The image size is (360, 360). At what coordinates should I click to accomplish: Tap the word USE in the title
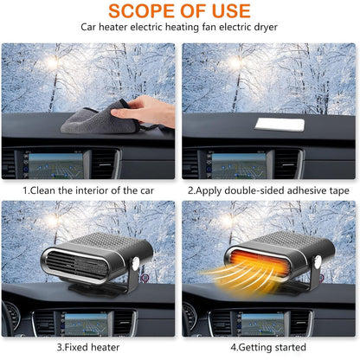[231, 10]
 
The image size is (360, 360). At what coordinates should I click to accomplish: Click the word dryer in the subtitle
[266, 27]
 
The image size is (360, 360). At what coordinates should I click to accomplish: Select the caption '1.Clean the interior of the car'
[88, 190]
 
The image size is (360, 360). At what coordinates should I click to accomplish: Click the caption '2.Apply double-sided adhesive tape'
[268, 190]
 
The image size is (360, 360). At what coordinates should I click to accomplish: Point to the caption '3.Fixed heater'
[88, 347]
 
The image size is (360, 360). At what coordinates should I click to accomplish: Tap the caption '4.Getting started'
[268, 347]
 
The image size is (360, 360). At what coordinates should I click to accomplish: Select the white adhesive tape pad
[280, 125]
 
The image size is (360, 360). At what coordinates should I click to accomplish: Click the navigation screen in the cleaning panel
[55, 165]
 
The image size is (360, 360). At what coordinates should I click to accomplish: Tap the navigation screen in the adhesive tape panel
[239, 165]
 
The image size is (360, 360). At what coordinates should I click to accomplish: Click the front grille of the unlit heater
[76, 265]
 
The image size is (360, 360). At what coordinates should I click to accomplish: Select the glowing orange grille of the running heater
[259, 261]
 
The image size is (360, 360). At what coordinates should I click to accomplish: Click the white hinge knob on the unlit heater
[135, 264]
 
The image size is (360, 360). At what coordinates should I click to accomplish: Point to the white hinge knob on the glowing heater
[318, 262]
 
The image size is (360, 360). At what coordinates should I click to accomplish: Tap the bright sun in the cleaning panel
[53, 61]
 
